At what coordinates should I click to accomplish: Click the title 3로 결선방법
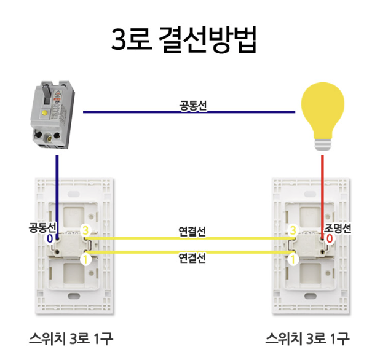(x=184, y=41)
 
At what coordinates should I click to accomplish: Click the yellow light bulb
(x=322, y=111)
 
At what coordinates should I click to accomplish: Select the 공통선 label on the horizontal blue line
(x=192, y=106)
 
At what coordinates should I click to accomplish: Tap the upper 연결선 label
(x=192, y=232)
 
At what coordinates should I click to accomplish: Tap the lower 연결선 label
(x=192, y=257)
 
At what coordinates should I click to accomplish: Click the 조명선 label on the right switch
(x=338, y=228)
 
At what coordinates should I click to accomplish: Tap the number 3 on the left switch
(x=86, y=230)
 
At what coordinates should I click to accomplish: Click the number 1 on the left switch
(x=85, y=260)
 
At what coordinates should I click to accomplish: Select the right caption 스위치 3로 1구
(x=307, y=338)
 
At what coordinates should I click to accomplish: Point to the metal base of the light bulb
(x=322, y=144)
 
